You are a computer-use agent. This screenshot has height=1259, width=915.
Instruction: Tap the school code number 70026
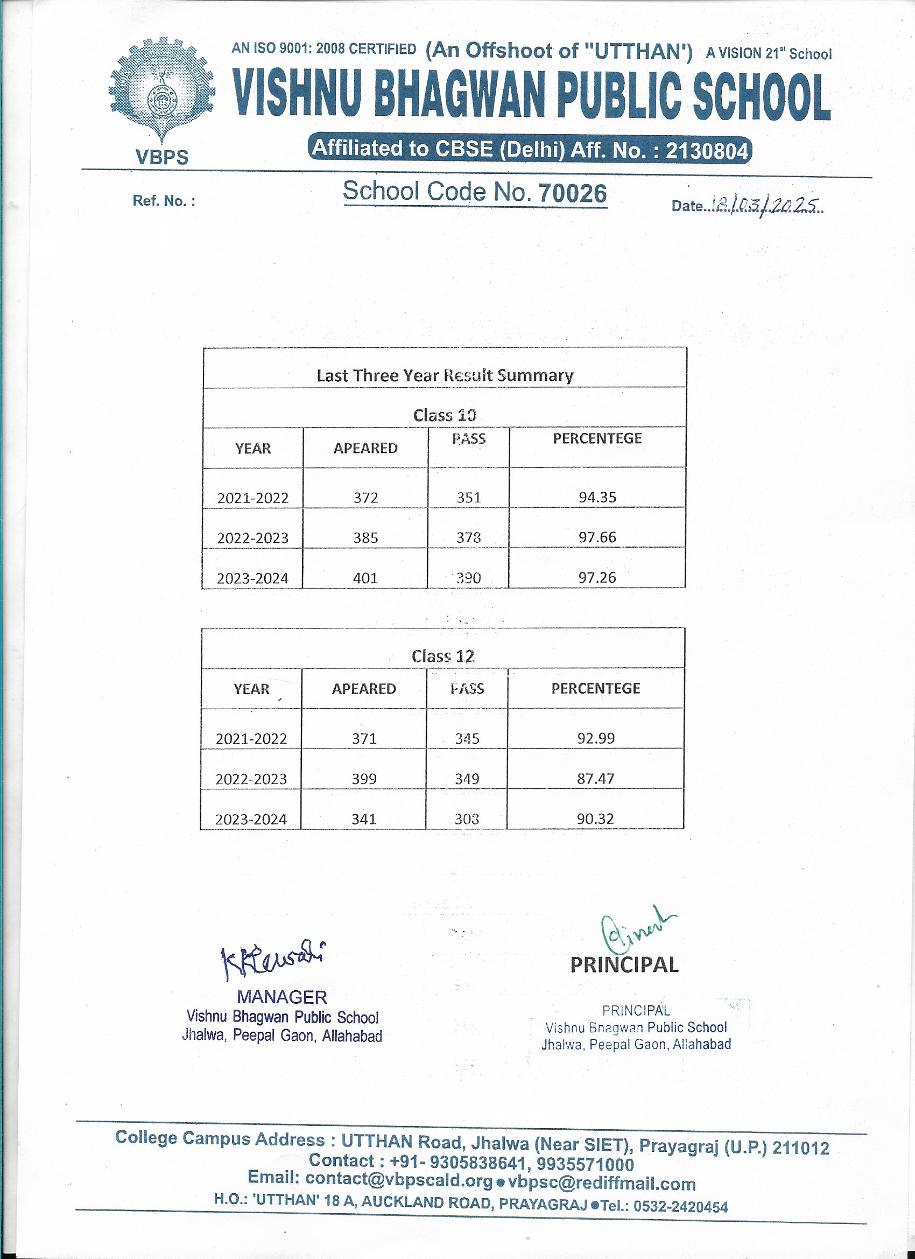(x=573, y=193)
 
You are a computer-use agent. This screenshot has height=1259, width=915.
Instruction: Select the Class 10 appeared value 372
(x=365, y=498)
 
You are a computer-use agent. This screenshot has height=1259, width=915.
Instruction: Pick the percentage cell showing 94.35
(x=597, y=497)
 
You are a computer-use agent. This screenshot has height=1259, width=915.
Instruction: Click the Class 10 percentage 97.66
(x=597, y=537)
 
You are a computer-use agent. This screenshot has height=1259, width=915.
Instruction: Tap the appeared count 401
(x=365, y=578)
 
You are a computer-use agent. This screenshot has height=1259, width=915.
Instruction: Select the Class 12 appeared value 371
(x=364, y=738)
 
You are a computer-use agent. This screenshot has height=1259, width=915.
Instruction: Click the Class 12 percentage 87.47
(x=595, y=778)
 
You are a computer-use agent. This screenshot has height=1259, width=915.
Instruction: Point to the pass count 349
(x=467, y=778)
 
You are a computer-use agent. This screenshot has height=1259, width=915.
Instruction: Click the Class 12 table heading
(x=443, y=656)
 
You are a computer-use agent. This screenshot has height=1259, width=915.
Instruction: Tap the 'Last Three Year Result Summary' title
(x=445, y=375)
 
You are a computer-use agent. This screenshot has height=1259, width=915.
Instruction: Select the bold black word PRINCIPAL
(x=624, y=965)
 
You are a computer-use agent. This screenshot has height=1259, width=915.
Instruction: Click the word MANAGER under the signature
(x=282, y=997)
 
